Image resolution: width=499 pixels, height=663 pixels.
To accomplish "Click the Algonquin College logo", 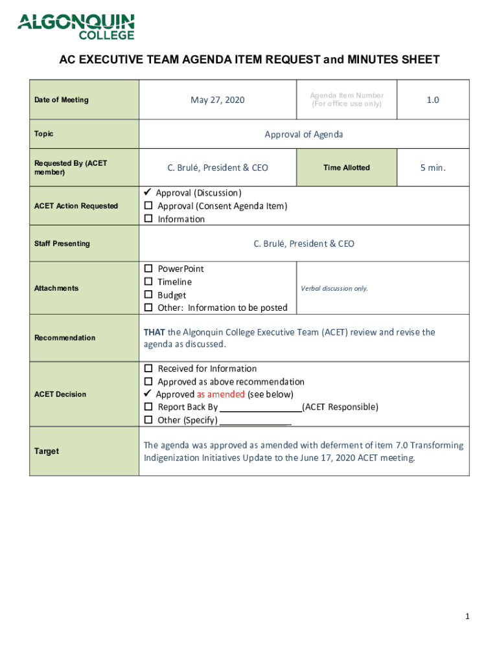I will coord(76,27).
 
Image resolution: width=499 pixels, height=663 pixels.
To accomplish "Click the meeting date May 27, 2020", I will coord(218,100).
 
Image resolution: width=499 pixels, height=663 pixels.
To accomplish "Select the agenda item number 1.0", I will coord(432,100).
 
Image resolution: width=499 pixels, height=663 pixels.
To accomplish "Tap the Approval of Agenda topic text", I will coord(304,135).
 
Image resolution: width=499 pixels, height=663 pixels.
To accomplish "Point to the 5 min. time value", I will coord(432,168).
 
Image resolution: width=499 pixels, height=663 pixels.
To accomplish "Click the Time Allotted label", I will coord(347,168).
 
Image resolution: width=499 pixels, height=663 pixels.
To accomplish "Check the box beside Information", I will coord(148,219).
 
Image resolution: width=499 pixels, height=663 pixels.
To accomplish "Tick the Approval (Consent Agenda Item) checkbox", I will coord(148,206).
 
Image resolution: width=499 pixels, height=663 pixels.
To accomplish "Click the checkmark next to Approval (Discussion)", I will coord(147,192).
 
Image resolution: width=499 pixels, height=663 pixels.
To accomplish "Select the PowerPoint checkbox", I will coord(148,269).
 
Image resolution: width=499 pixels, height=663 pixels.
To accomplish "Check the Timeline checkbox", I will coord(148,282).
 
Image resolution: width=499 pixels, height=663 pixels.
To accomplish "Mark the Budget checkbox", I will coord(148,295).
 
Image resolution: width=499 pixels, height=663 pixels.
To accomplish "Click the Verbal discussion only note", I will coord(334,288).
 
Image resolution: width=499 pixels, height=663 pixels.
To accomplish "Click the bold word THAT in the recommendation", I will coord(154,332).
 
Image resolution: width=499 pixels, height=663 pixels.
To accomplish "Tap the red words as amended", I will coord(221,394).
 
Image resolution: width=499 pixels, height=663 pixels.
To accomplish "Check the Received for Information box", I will coord(148,368).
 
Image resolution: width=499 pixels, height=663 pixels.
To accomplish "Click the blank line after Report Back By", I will coord(261,408).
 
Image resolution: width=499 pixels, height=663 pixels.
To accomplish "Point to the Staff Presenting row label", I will coord(62,243).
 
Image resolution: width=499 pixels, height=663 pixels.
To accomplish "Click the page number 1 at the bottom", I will coord(467,617).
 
